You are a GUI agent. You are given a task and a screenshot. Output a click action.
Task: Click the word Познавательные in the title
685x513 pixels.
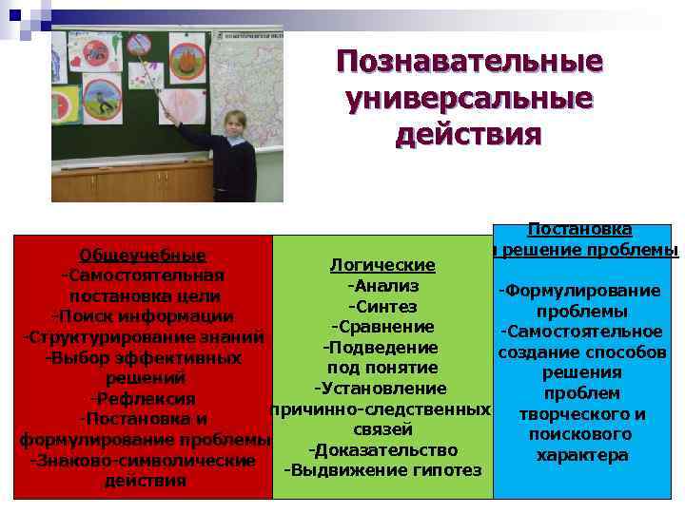(x=469, y=63)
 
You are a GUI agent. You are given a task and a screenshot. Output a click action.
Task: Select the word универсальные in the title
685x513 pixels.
(x=469, y=98)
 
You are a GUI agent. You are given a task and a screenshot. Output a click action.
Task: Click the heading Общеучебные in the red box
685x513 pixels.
(x=143, y=256)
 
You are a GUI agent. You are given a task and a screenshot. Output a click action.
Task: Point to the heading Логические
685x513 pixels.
(x=382, y=264)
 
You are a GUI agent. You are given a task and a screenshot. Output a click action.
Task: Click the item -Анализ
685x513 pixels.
(x=382, y=285)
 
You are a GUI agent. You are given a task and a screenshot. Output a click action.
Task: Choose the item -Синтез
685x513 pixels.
(x=382, y=306)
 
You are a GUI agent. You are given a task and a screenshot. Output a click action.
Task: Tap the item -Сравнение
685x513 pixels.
(x=382, y=327)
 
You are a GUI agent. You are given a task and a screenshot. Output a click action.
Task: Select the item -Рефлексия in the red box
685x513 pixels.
(x=143, y=398)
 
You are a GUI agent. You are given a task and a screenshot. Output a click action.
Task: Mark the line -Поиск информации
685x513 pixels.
(x=143, y=316)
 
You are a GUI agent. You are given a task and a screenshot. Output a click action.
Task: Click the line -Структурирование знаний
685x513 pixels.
(x=143, y=337)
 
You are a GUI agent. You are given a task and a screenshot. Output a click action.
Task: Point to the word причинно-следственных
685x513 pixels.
(x=382, y=408)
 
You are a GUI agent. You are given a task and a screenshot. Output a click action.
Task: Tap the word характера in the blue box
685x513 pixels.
(x=581, y=455)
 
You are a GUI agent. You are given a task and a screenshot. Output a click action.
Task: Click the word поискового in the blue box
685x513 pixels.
(x=581, y=434)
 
